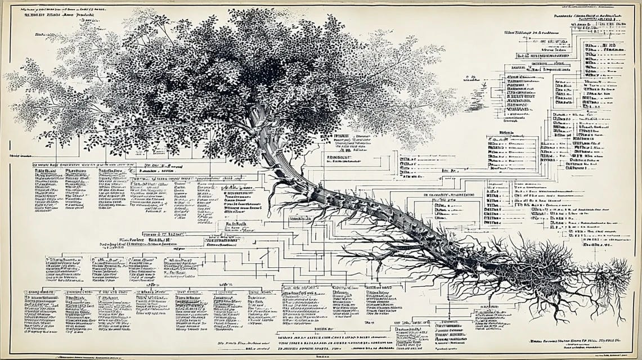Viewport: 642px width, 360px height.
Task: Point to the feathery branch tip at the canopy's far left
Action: (x=17, y=84)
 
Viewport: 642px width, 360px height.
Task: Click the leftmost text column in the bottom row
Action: (x=39, y=312)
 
